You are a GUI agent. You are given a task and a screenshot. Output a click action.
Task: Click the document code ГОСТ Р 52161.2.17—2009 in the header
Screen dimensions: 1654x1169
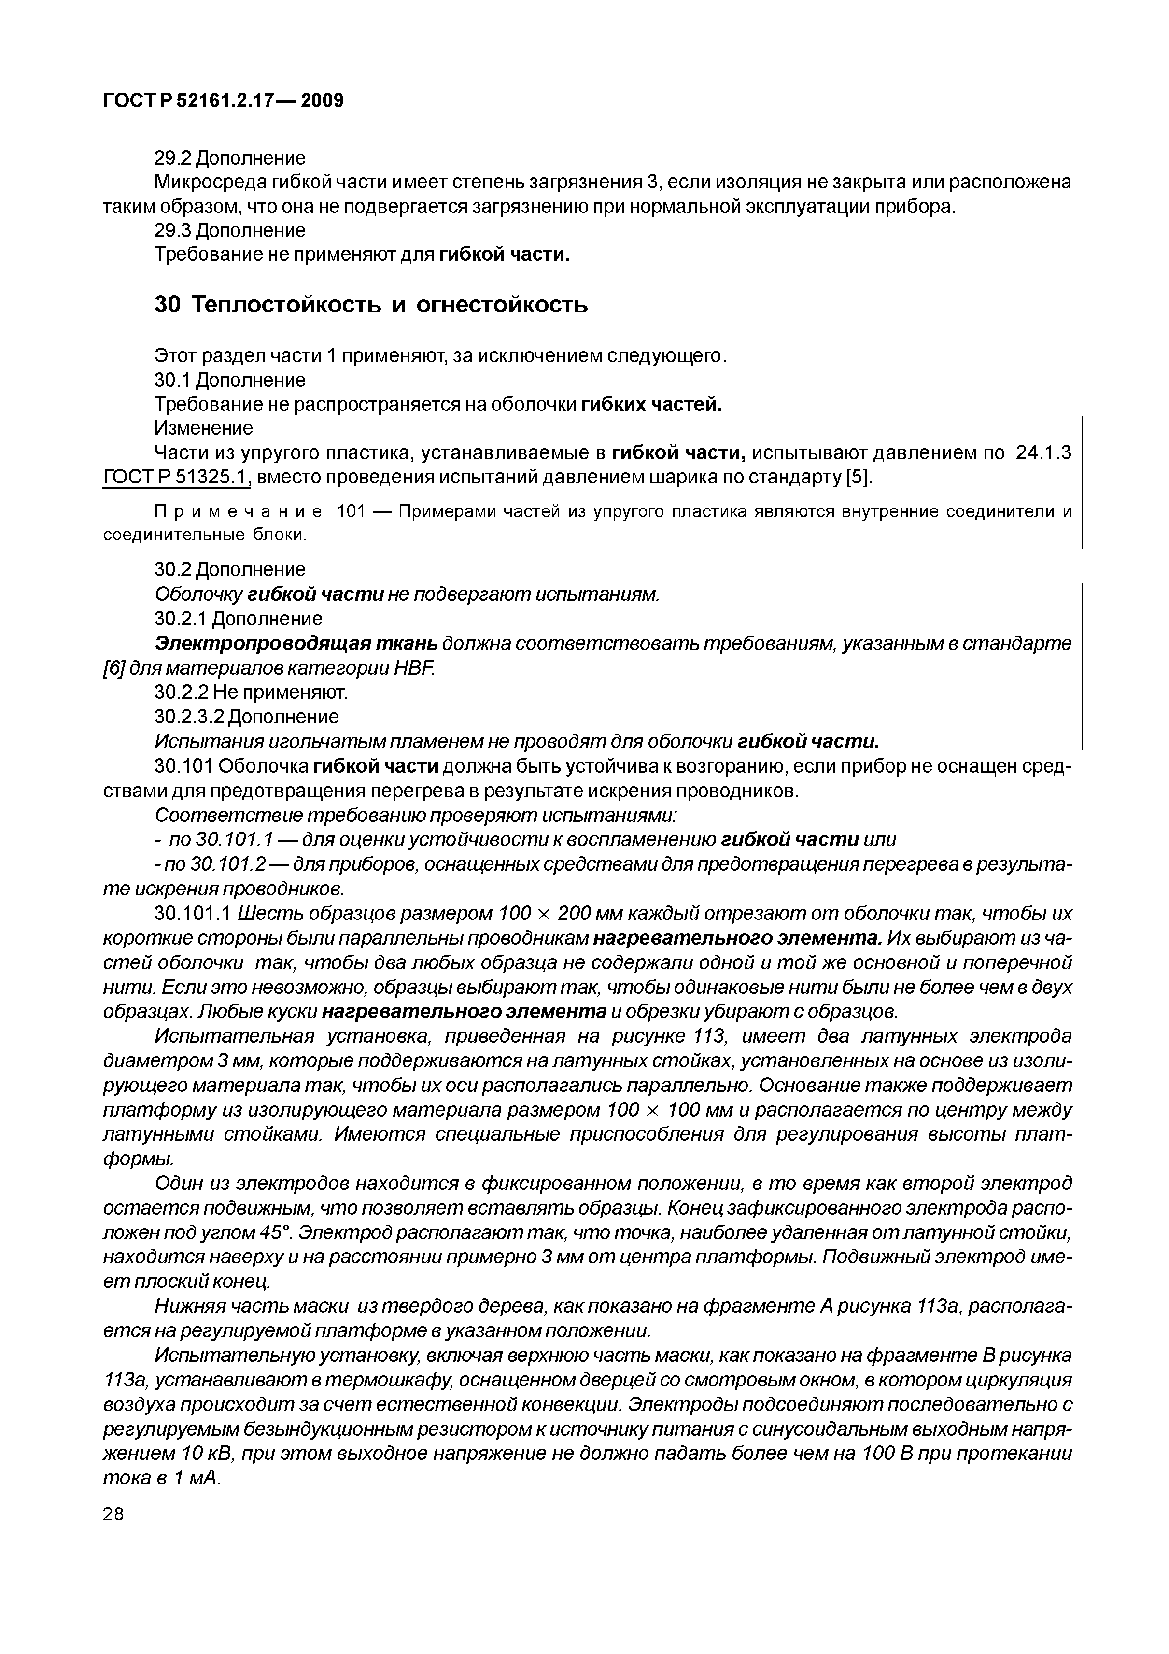(x=223, y=100)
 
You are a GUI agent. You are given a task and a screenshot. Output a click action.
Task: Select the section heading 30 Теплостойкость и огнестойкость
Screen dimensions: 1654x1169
(x=371, y=305)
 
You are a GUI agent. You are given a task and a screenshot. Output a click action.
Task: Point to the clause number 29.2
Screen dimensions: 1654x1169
(x=173, y=158)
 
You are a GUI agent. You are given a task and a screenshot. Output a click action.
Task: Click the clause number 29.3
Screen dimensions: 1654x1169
(x=173, y=230)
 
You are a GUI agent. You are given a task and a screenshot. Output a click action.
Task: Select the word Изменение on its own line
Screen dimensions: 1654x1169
(x=204, y=428)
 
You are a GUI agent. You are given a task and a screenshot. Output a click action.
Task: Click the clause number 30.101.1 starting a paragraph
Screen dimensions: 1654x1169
(x=192, y=914)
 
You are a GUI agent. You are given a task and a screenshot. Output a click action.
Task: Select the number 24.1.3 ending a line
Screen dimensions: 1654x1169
(x=1043, y=452)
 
